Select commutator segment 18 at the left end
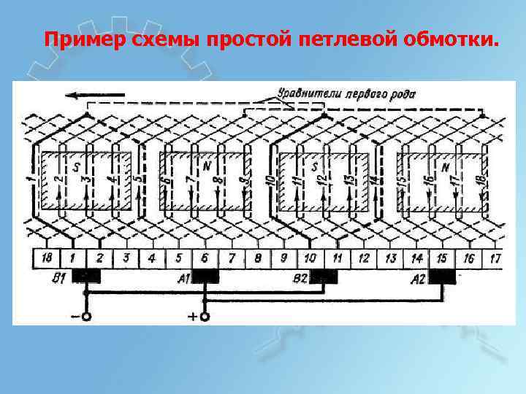tap(47, 258)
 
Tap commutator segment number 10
tap(310, 258)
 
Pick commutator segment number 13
tap(390, 258)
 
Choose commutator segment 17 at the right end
tap(495, 258)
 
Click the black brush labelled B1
tap(88, 277)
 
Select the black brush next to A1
tap(205, 277)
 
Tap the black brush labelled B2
tap(324, 277)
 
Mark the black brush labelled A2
tap(443, 277)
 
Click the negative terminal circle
tap(86, 317)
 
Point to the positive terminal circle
tap(205, 317)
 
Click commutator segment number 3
tap(126, 258)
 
